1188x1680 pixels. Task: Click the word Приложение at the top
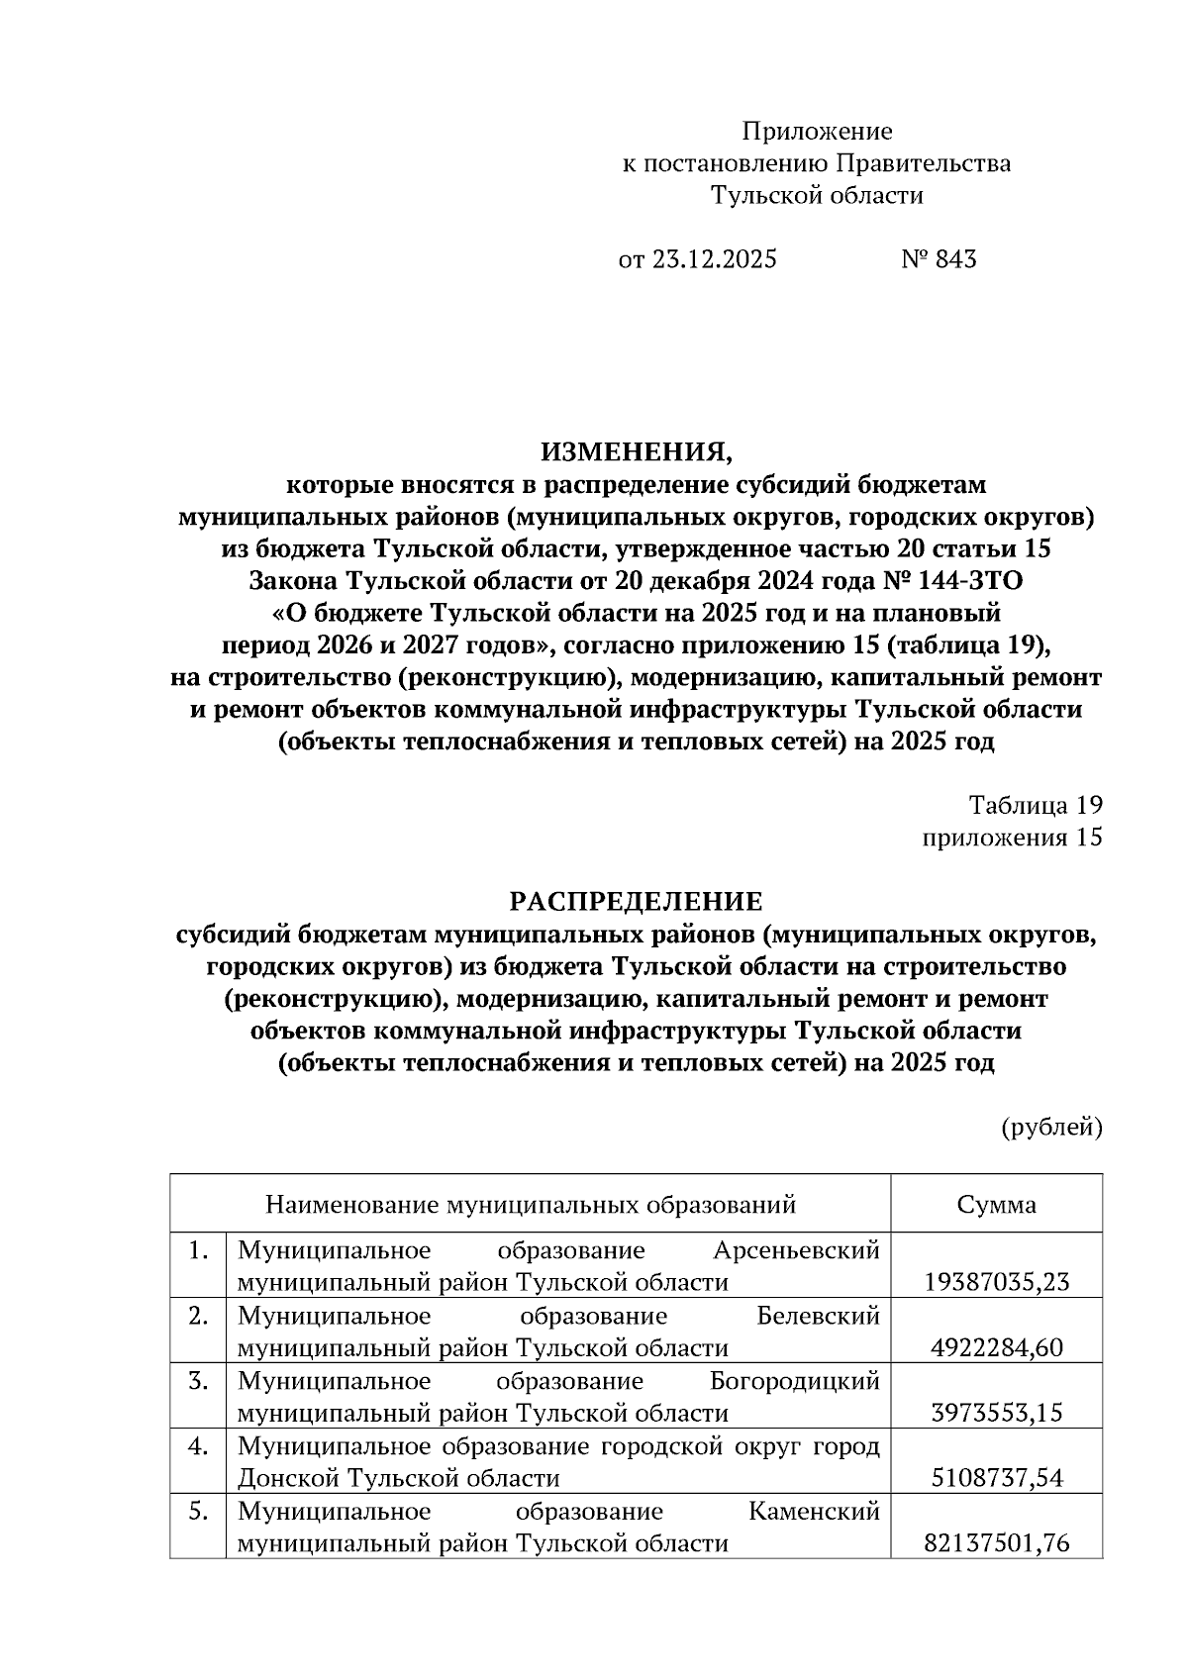point(817,132)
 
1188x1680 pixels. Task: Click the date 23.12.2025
point(714,259)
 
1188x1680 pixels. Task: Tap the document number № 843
point(939,259)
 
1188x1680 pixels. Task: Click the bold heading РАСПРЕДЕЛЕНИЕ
point(636,902)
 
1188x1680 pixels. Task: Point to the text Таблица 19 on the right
point(1035,805)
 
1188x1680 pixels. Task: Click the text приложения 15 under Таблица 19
point(1012,838)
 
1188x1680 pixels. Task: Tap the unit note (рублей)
point(1051,1127)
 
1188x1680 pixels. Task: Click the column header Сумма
point(996,1205)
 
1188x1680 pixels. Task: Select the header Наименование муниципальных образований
point(531,1205)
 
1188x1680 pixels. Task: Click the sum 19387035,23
point(996,1283)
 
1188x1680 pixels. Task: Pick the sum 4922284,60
point(996,1348)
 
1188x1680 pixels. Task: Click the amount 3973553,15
point(996,1413)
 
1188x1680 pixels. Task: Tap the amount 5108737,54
point(996,1478)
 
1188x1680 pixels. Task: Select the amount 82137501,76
point(996,1543)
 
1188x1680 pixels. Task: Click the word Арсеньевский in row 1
point(797,1251)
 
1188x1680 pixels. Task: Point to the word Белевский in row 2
point(818,1317)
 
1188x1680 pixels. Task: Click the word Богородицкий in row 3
point(795,1381)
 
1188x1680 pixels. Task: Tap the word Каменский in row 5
point(814,1512)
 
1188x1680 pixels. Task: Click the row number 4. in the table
point(198,1446)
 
